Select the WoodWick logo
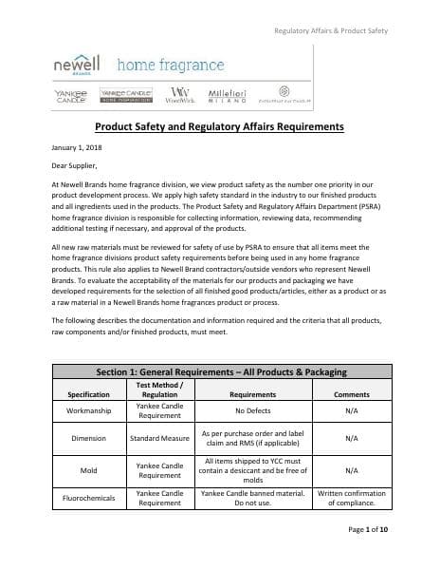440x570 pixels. [x=179, y=95]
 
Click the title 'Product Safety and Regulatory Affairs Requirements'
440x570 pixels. [x=219, y=127]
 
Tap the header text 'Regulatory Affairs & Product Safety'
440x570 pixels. [x=331, y=31]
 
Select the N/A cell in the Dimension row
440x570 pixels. [x=351, y=439]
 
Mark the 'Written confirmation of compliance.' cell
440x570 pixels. [x=351, y=499]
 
